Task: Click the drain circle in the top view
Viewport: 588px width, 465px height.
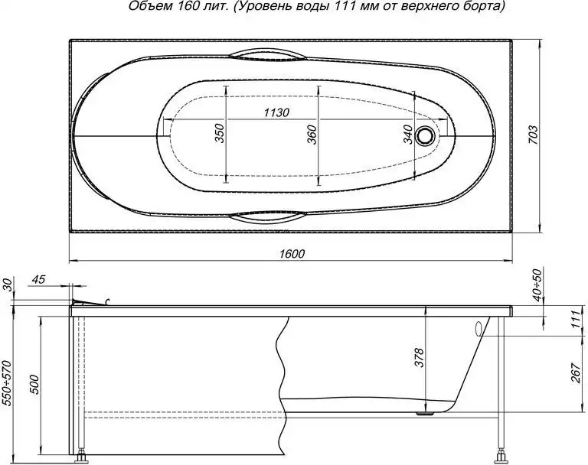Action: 426,136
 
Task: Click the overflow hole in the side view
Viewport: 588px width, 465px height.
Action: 479,329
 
